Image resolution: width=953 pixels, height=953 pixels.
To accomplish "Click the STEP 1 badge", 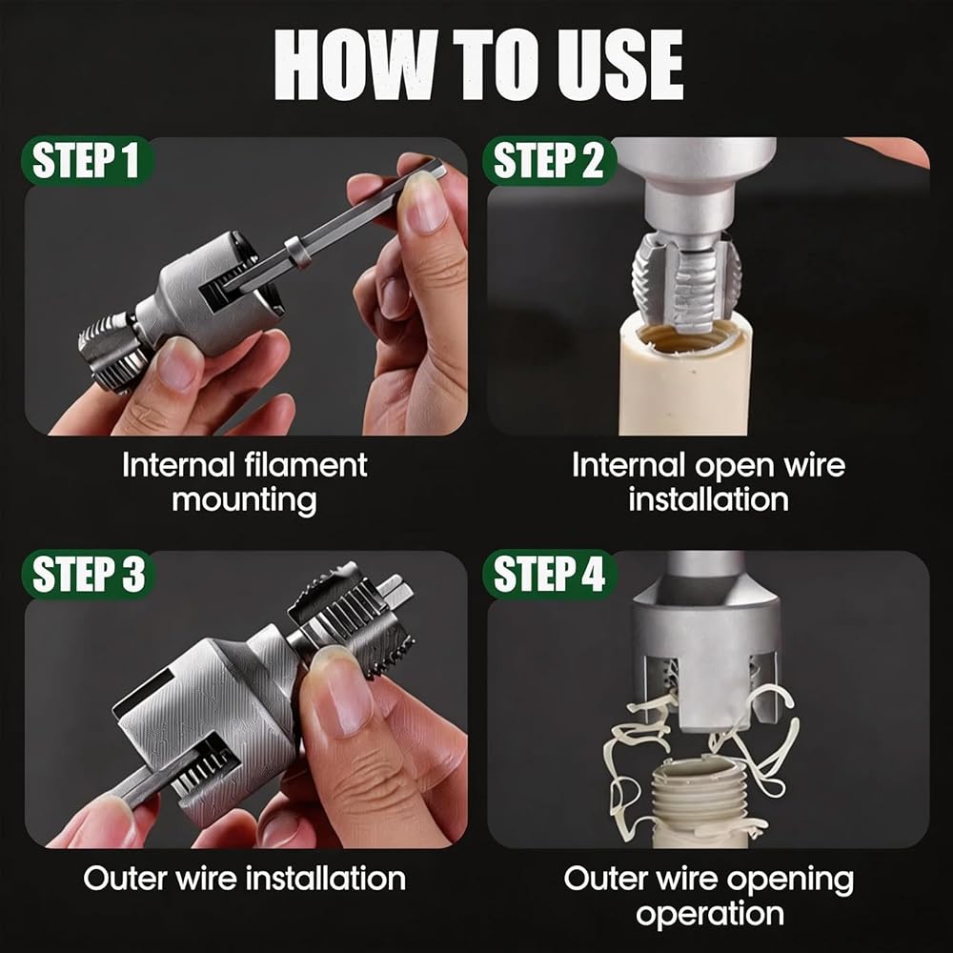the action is click(87, 161).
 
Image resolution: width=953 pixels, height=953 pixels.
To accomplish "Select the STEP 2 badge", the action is click(549, 161).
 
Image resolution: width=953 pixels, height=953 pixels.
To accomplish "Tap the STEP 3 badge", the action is click(89, 575).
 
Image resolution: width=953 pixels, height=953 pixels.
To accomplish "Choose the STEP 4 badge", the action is click(550, 575).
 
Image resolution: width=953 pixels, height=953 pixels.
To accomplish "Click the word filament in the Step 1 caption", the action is click(306, 465).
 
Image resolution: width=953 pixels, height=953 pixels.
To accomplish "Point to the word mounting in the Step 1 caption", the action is click(244, 501).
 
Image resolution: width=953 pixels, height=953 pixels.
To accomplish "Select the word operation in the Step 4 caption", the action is click(710, 914).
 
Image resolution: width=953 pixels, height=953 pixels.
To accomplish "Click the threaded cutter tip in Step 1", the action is click(113, 350).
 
